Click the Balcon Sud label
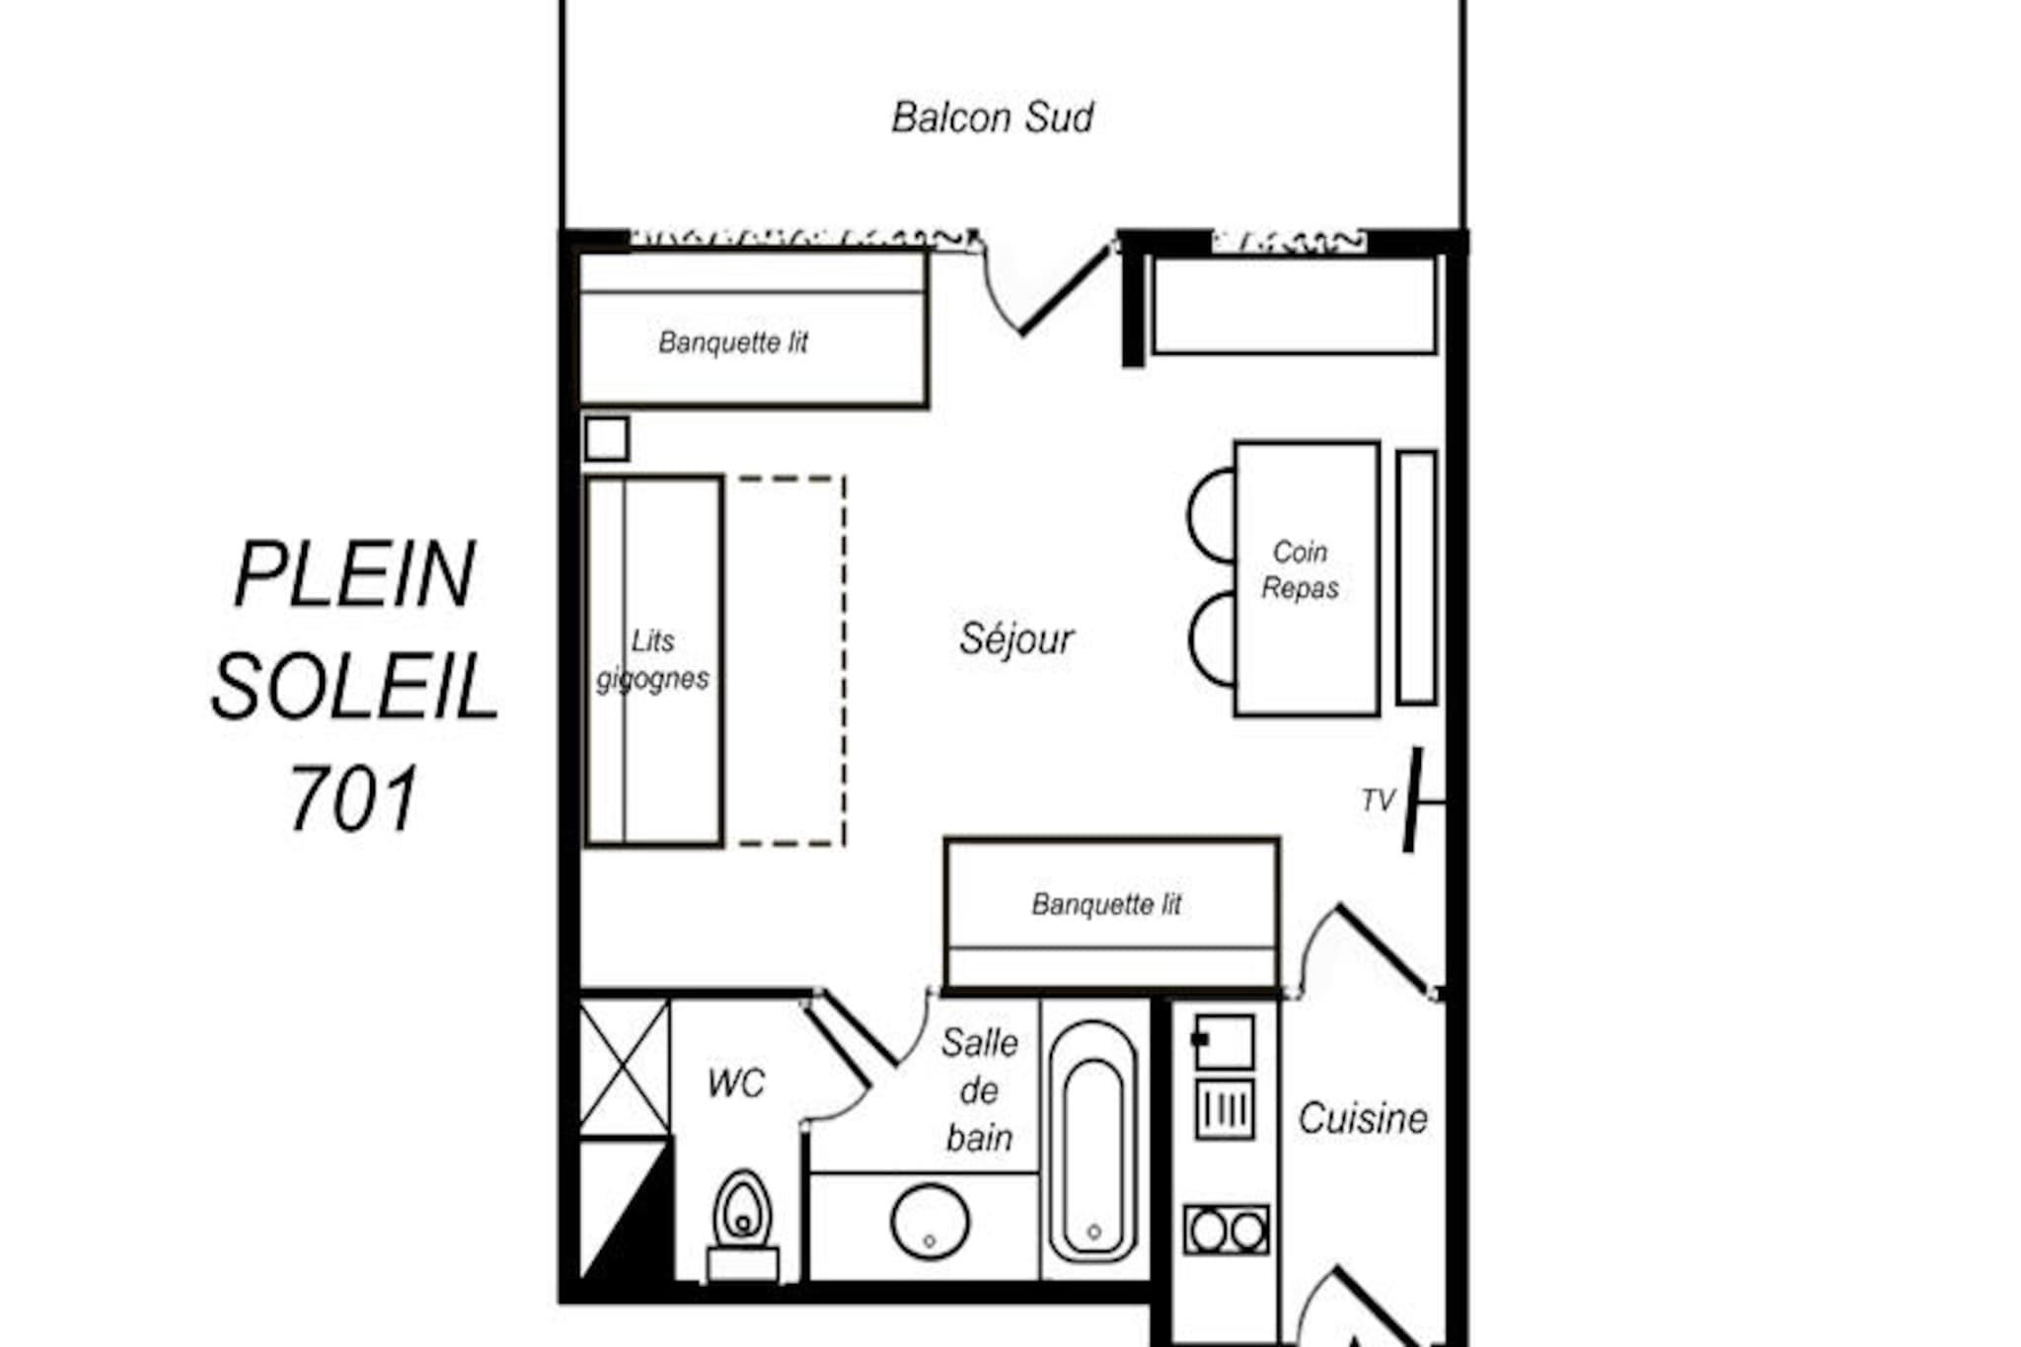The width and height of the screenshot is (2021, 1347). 992,117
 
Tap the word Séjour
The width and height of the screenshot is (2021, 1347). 1015,639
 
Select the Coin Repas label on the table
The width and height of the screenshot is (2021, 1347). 1300,570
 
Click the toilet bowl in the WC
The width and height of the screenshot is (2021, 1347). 743,1210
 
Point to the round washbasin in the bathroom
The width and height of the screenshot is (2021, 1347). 930,1222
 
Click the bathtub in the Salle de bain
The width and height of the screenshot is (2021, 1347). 1092,1142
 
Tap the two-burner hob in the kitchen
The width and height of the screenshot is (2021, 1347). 1227,1230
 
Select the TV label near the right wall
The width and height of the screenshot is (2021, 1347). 1378,800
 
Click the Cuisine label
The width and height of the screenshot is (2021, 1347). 1363,1118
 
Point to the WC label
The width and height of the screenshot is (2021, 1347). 736,1084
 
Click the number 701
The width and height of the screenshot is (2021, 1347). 353,798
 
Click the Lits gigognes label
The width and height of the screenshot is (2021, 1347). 652,659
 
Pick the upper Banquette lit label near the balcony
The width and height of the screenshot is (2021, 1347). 733,342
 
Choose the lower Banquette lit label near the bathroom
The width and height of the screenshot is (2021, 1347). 1106,904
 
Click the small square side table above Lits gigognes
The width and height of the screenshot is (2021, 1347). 606,439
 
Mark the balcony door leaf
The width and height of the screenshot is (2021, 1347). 1065,290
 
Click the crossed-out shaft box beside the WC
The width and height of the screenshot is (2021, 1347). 624,1068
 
